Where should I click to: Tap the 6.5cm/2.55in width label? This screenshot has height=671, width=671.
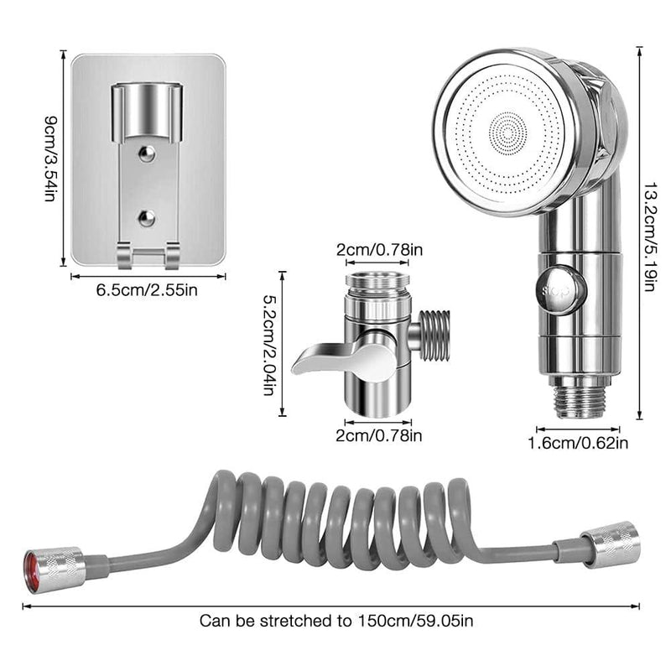tap(147, 290)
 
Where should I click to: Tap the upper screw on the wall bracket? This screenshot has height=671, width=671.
tap(147, 153)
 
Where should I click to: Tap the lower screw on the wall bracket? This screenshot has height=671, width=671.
tap(147, 218)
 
